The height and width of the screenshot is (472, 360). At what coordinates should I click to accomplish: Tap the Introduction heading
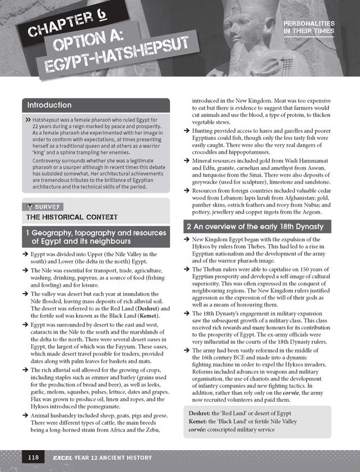49,105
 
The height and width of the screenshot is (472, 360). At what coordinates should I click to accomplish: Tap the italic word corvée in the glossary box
199,430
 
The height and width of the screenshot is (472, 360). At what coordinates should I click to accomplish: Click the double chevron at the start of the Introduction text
28,120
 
